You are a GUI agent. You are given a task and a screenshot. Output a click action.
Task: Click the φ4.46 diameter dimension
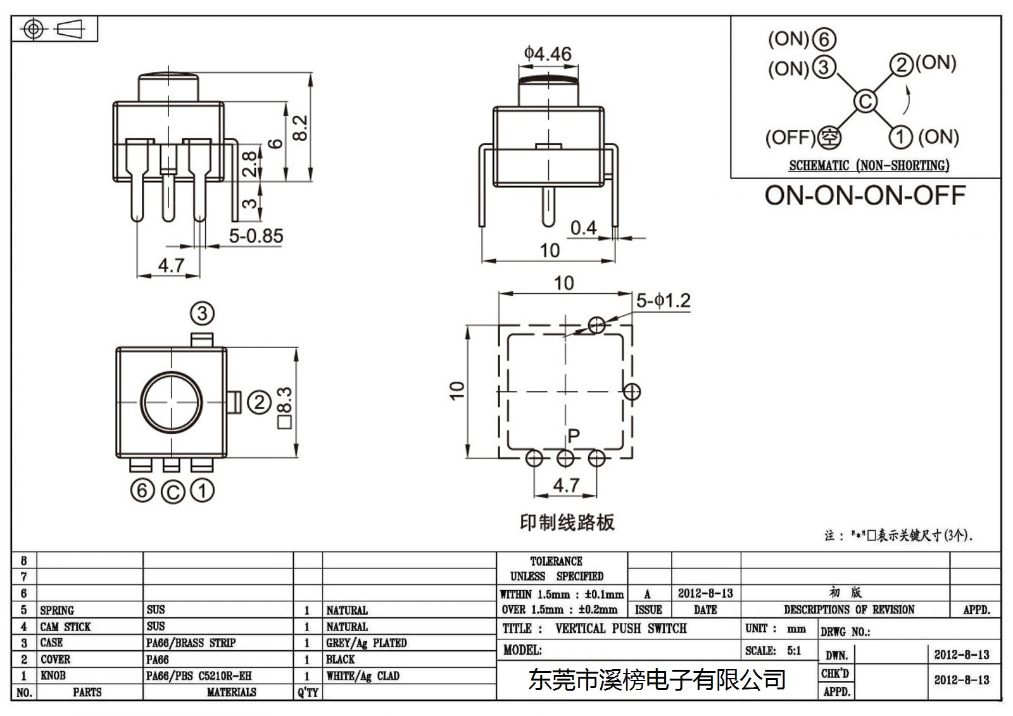click(548, 54)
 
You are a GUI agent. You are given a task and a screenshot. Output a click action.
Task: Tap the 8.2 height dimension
click(300, 128)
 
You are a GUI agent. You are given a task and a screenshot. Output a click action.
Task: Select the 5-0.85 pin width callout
click(256, 236)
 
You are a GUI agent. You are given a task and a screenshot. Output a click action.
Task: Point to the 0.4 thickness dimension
click(583, 228)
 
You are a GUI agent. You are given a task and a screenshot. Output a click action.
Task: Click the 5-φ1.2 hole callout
click(664, 300)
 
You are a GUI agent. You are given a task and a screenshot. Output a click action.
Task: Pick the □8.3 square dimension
click(284, 408)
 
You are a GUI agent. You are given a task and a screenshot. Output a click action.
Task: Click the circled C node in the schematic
click(865, 101)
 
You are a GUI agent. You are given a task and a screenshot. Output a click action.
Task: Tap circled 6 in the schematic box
click(824, 39)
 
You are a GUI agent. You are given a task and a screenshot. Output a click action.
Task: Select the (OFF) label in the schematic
click(790, 137)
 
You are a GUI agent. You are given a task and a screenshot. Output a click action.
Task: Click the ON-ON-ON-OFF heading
click(865, 196)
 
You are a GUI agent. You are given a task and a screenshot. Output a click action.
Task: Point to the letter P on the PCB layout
click(574, 436)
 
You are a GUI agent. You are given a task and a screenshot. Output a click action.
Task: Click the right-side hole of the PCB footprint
click(632, 392)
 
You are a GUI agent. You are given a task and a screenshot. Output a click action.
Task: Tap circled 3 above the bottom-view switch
click(202, 313)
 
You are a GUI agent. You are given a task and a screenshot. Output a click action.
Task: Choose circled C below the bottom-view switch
click(173, 492)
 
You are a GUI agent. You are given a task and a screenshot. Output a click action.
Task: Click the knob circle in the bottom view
click(172, 402)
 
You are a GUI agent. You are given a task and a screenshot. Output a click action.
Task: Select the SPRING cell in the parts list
click(57, 610)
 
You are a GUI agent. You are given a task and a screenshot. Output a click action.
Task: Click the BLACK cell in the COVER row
click(340, 659)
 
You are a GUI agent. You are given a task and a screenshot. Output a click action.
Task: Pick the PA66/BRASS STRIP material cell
click(191, 643)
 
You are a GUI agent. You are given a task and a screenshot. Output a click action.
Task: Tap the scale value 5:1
click(794, 650)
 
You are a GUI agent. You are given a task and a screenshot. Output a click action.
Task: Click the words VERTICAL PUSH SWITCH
click(621, 628)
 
